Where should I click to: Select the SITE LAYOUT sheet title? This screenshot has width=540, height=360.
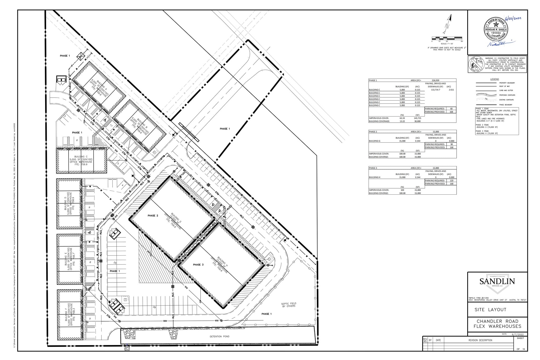point(490,310)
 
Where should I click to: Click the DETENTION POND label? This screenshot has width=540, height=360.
point(219,337)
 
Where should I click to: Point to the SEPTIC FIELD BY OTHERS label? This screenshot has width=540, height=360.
point(288,305)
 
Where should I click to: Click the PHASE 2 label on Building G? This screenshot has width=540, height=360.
point(153,216)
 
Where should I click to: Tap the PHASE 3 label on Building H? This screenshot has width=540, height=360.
point(198,265)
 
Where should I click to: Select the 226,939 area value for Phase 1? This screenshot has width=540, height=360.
point(435,80)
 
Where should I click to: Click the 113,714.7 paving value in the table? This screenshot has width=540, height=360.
point(436,90)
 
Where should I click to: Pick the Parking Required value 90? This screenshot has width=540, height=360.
point(451,144)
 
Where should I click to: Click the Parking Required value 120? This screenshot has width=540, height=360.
point(451,181)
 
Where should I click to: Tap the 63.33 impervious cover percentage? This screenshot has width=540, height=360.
point(402,118)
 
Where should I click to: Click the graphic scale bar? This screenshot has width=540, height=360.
point(447,38)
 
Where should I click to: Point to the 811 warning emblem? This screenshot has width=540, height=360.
point(476,64)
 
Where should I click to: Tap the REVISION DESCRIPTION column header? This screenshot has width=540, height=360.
point(480,340)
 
